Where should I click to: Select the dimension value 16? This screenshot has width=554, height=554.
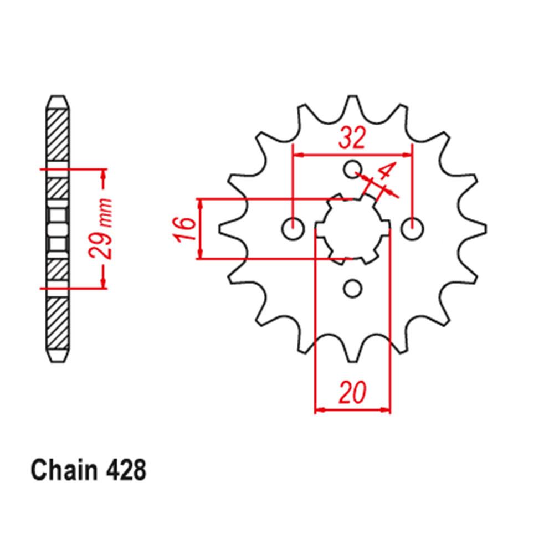tap(187, 228)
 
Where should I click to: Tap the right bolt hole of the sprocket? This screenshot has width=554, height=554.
tap(412, 228)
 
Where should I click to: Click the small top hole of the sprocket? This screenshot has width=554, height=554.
tap(352, 168)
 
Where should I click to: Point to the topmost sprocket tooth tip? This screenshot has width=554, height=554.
tap(352, 98)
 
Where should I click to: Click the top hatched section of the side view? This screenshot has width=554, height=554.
tap(58, 136)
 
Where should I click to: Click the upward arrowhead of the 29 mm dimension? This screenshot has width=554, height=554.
tap(102, 173)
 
